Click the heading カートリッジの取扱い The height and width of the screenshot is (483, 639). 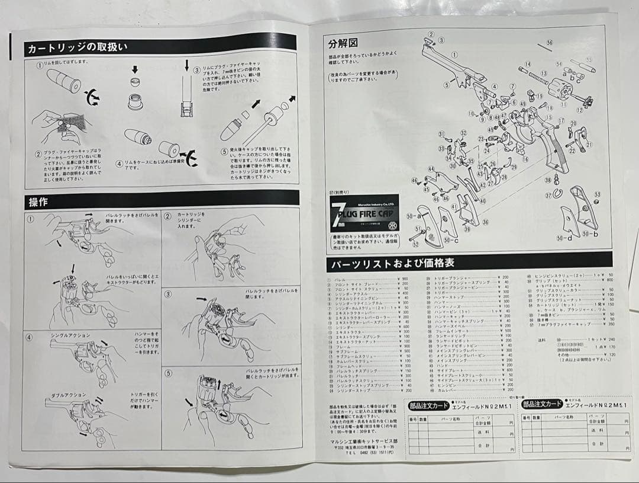click(76, 48)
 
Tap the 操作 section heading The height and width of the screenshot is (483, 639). click(39, 201)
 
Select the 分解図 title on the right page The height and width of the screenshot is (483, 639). click(343, 43)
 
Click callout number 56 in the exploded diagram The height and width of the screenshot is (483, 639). click(549, 43)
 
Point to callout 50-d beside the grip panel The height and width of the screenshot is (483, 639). click(564, 238)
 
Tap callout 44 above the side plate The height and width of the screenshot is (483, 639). click(431, 169)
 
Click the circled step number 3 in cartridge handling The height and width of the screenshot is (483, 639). click(196, 69)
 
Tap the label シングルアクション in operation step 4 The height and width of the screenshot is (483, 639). click(67, 335)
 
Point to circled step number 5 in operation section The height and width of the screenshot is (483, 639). click(167, 373)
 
